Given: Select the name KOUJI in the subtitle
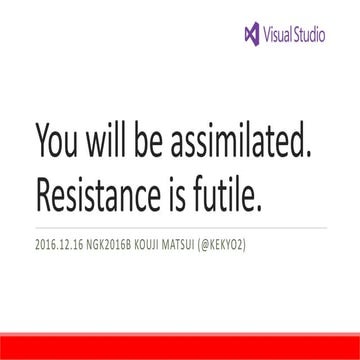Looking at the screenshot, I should (x=168, y=244).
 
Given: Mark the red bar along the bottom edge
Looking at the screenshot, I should (x=180, y=352).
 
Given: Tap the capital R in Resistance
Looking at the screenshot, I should (x=43, y=197).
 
